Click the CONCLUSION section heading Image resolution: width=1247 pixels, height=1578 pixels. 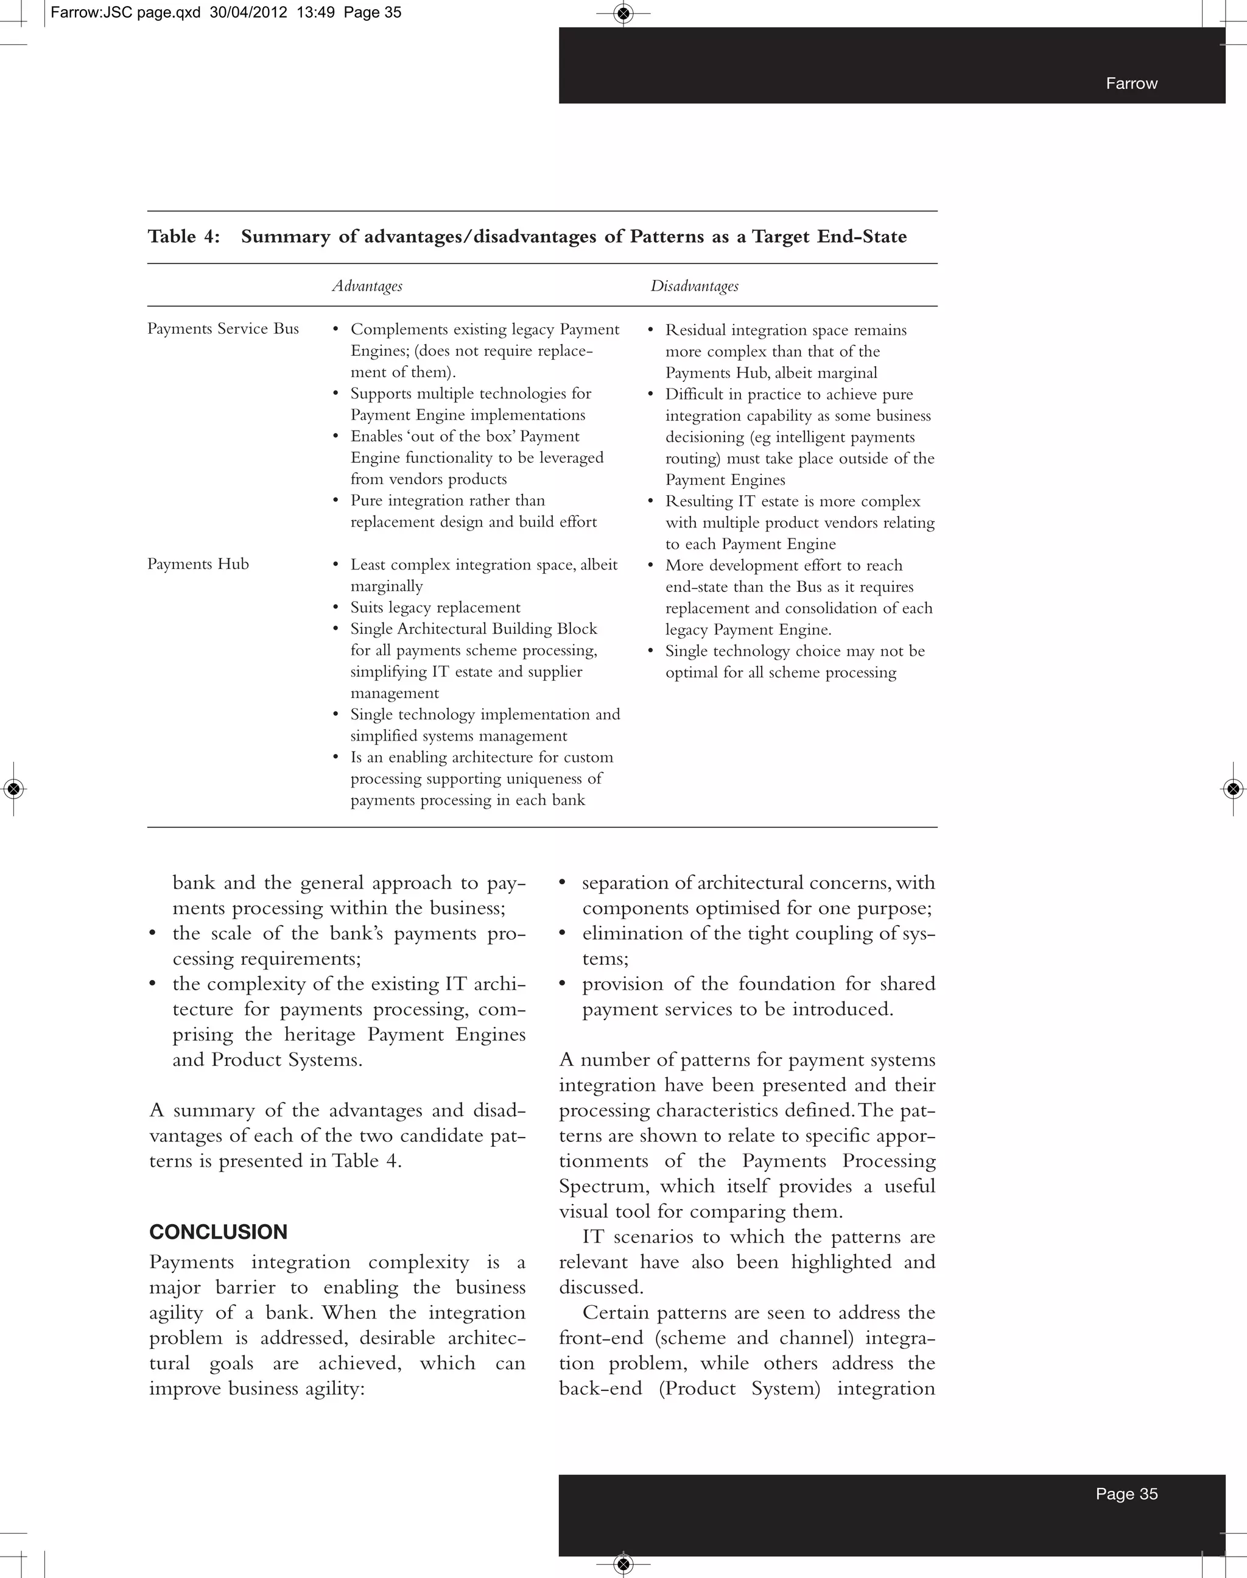219,1232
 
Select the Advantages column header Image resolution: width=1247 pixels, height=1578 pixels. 367,286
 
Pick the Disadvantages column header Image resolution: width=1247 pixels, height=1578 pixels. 694,286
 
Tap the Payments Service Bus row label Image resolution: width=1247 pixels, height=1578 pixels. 223,329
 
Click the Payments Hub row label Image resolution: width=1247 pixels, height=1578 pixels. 198,564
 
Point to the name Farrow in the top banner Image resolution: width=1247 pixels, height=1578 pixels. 1131,83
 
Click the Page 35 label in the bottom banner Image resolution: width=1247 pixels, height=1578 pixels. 1126,1494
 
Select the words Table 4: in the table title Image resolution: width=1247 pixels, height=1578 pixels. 184,236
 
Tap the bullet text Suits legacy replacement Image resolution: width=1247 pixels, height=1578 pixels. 435,608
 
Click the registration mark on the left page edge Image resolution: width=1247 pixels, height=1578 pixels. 14,789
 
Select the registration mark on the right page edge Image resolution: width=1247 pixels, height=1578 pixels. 1233,789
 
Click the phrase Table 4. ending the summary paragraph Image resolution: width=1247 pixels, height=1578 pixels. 367,1161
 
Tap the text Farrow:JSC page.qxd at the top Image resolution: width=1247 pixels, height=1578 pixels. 125,12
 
